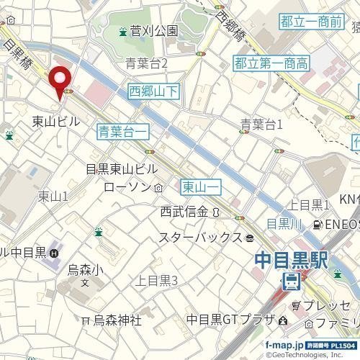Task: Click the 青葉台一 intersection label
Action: [x=122, y=130]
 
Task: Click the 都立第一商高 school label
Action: [x=271, y=64]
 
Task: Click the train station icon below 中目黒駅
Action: [x=291, y=282]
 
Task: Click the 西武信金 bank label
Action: [x=184, y=212]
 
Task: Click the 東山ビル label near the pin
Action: [x=56, y=122]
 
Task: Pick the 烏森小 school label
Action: [x=86, y=270]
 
